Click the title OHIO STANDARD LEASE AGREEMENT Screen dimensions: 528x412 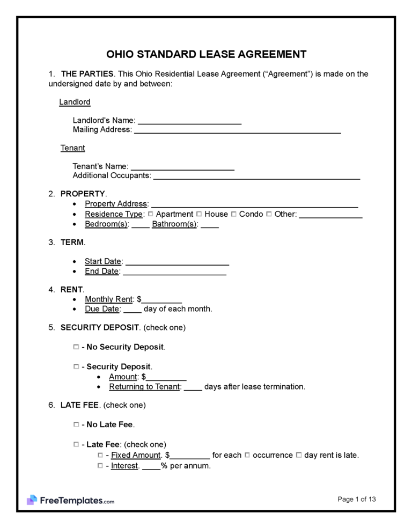pyautogui.click(x=206, y=54)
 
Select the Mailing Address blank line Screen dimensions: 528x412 pyautogui.click(x=237, y=130)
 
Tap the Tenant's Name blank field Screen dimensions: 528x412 pyautogui.click(x=182, y=167)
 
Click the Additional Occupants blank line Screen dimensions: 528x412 pyautogui.click(x=256, y=176)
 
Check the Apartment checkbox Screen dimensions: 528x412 pyautogui.click(x=151, y=214)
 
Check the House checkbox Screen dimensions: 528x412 pyautogui.click(x=200, y=214)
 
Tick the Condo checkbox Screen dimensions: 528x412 pyautogui.click(x=234, y=214)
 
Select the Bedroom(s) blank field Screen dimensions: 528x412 pyautogui.click(x=141, y=224)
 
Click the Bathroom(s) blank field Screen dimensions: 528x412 pyautogui.click(x=210, y=224)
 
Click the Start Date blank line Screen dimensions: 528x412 pyautogui.click(x=177, y=262)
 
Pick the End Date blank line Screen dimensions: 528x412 pyautogui.click(x=174, y=272)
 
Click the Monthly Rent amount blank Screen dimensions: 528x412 pyautogui.click(x=162, y=299)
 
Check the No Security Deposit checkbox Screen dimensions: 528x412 pyautogui.click(x=76, y=347)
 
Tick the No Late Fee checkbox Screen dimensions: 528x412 pyautogui.click(x=76, y=424)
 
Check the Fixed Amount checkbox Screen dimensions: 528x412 pyautogui.click(x=100, y=455)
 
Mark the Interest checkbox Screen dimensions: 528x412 pyautogui.click(x=100, y=466)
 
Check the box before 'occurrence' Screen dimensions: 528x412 pyautogui.click(x=247, y=455)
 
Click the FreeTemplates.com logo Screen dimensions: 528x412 pyautogui.click(x=70, y=500)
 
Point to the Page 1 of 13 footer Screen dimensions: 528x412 pyautogui.click(x=357, y=499)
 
